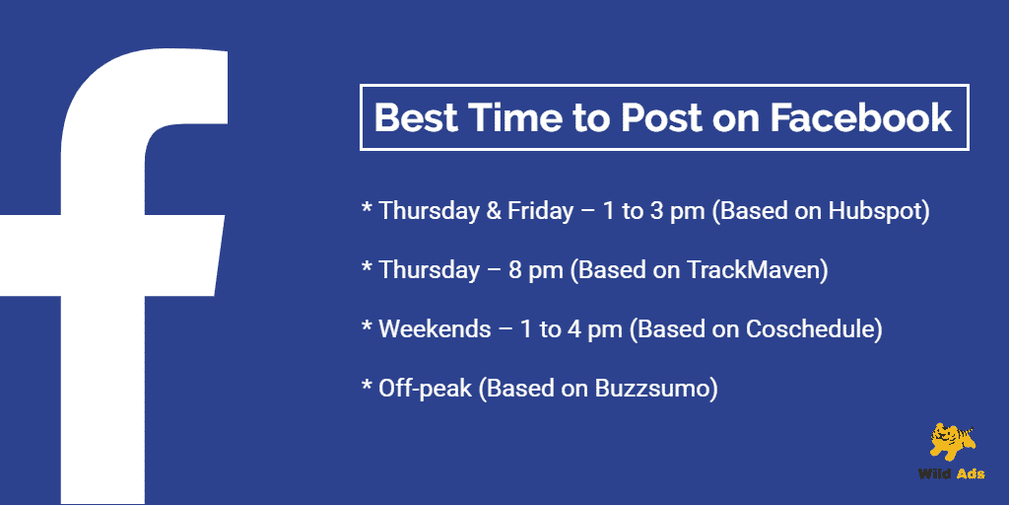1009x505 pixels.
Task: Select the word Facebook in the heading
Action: [861, 118]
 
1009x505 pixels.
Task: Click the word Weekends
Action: [435, 329]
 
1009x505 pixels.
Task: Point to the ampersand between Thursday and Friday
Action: [494, 211]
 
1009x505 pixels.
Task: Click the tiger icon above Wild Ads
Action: [953, 443]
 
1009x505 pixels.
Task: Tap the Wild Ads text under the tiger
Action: [951, 474]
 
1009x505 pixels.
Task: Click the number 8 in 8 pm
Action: [515, 270]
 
